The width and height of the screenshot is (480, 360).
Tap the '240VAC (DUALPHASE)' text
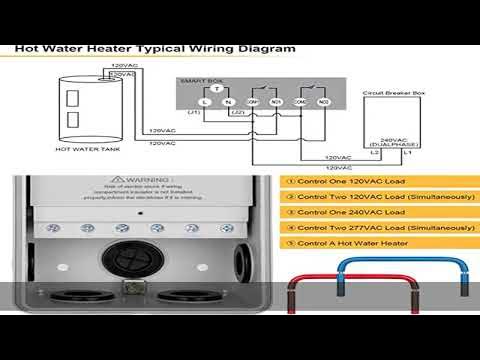click(x=398, y=142)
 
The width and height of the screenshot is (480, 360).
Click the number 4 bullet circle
click(x=289, y=227)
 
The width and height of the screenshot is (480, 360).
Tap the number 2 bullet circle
click(x=289, y=197)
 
